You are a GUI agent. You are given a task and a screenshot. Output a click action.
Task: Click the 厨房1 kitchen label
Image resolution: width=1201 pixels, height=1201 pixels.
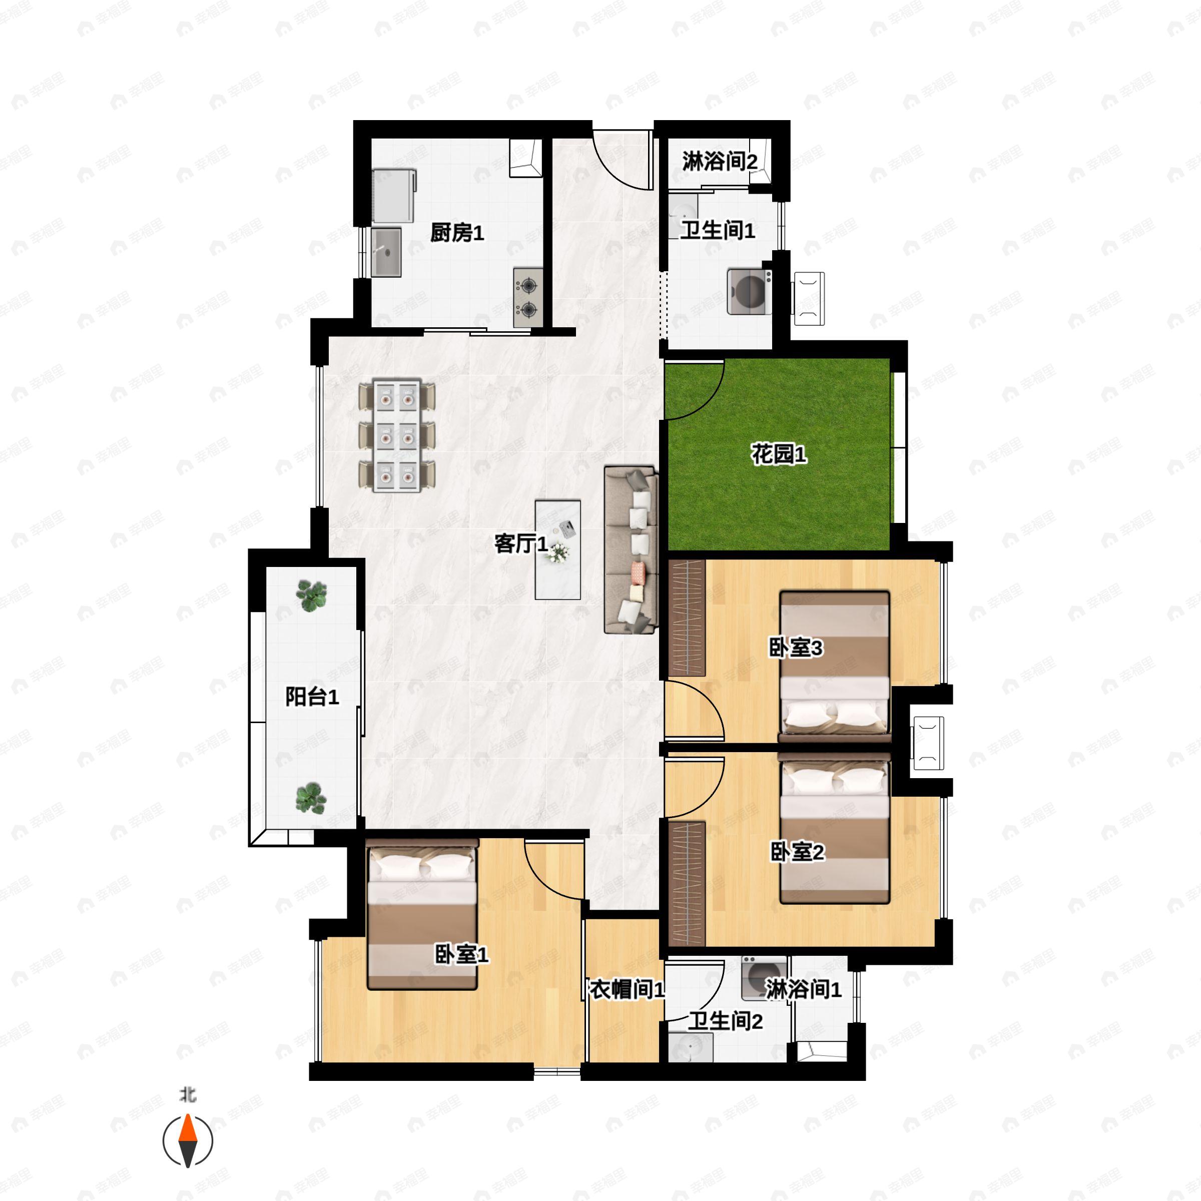(457, 233)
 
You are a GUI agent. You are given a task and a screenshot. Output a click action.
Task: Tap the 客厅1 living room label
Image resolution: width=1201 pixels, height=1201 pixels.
(521, 544)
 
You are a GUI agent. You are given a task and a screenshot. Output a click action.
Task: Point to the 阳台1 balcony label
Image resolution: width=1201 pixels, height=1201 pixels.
(312, 697)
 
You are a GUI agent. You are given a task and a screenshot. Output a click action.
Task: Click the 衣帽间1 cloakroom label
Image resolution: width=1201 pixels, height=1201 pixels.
(627, 990)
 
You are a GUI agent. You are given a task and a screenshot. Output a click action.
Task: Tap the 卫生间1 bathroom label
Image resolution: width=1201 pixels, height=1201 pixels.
(718, 231)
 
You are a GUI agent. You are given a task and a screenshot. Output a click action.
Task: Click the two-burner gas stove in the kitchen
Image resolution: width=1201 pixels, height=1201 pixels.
(528, 298)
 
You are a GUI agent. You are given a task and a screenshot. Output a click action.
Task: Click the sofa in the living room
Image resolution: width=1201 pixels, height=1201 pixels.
(631, 549)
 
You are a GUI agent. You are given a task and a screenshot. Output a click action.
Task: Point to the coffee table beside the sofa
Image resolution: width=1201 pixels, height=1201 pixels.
(557, 549)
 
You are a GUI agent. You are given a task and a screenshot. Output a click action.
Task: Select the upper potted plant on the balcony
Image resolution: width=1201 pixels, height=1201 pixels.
(311, 596)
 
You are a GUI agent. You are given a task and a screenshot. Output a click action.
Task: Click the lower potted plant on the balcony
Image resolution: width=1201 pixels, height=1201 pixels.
(311, 799)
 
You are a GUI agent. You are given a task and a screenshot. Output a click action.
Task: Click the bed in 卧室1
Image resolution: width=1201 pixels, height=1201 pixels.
(423, 914)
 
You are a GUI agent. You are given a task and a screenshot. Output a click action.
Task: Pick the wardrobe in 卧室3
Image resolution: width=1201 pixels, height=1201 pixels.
(687, 618)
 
